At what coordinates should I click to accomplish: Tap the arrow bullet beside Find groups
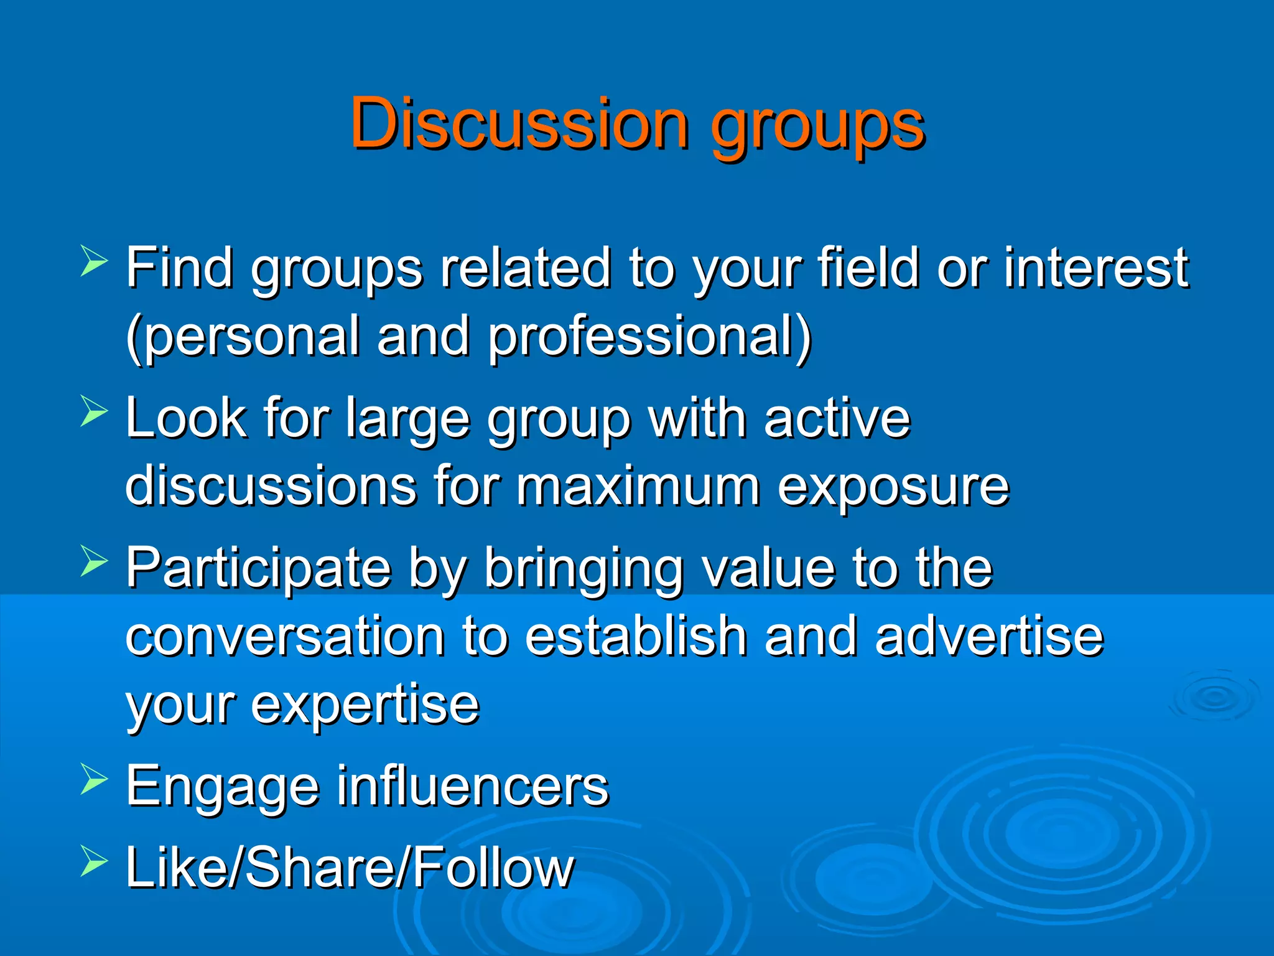tap(94, 261)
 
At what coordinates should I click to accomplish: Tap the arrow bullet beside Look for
tap(94, 411)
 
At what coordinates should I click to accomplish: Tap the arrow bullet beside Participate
tap(94, 561)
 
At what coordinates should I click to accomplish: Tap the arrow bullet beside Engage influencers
tap(94, 779)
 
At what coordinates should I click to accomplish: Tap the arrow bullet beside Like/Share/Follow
tap(94, 862)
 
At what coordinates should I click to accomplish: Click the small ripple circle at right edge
tap(1214, 697)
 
